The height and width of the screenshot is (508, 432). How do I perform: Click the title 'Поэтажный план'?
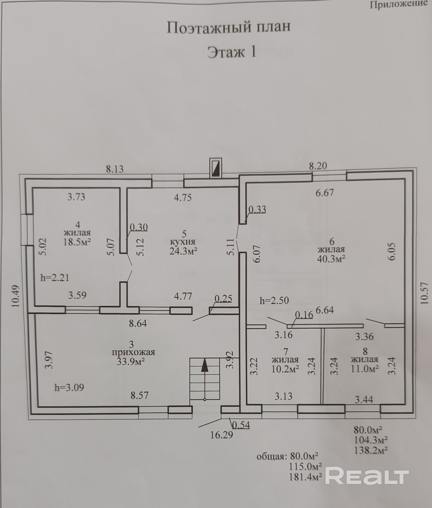click(x=229, y=27)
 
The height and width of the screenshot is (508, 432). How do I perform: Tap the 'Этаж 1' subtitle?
click(x=231, y=52)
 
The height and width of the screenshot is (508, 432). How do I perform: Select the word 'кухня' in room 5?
click(x=183, y=242)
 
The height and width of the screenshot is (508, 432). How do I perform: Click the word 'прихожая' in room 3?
click(x=133, y=352)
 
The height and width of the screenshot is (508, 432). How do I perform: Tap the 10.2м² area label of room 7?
click(x=285, y=369)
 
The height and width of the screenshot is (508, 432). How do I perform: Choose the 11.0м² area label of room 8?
click(x=365, y=368)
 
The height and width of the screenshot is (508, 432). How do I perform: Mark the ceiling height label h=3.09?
click(x=69, y=387)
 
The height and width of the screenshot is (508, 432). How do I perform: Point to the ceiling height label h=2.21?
click(x=55, y=277)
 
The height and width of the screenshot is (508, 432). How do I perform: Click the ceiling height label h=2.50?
click(x=274, y=300)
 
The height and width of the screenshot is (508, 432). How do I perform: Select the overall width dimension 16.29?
click(x=222, y=435)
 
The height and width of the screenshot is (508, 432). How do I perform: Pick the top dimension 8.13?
click(x=115, y=169)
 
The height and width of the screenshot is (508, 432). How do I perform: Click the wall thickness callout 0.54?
click(x=241, y=425)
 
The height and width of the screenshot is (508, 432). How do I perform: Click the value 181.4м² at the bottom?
click(x=306, y=477)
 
